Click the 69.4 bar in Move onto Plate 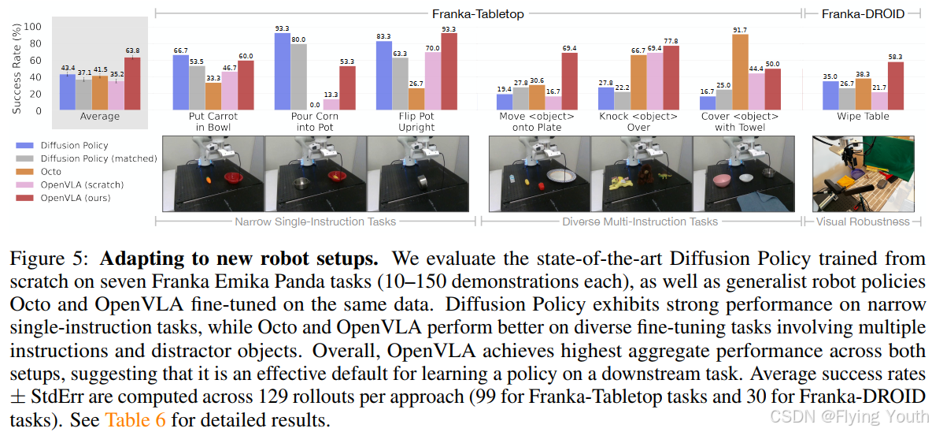(x=568, y=81)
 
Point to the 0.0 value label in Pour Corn (x=315, y=104)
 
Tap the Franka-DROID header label (x=863, y=13)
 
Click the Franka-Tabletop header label (x=478, y=13)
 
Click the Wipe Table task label (x=863, y=117)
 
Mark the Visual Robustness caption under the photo (x=862, y=222)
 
